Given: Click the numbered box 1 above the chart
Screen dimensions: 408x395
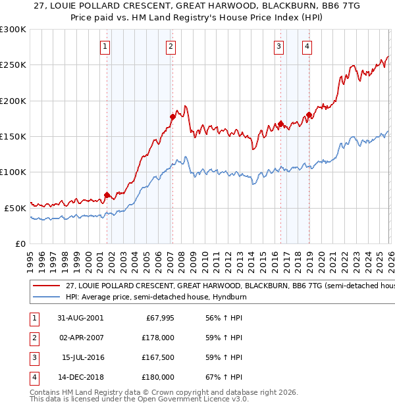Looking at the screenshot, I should click(x=105, y=46).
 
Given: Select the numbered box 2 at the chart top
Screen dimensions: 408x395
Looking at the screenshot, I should click(x=171, y=46).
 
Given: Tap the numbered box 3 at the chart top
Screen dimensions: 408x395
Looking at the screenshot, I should click(x=279, y=46).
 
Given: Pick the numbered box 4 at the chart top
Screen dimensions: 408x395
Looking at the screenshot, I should click(x=307, y=46).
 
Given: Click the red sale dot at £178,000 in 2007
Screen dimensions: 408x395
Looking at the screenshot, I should click(x=172, y=116).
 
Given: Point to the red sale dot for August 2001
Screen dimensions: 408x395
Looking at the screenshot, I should click(x=107, y=195).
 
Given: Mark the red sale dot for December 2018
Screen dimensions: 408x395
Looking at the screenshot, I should click(x=308, y=115).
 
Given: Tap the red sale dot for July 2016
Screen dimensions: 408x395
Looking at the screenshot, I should click(x=280, y=124).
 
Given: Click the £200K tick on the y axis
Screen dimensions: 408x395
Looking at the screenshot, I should click(x=13, y=101).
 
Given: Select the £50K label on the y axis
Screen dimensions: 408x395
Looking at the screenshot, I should click(x=15, y=208).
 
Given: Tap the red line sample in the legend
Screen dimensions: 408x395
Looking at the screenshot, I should click(x=46, y=286).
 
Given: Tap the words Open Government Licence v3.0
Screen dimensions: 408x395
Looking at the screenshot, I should click(x=194, y=399).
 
